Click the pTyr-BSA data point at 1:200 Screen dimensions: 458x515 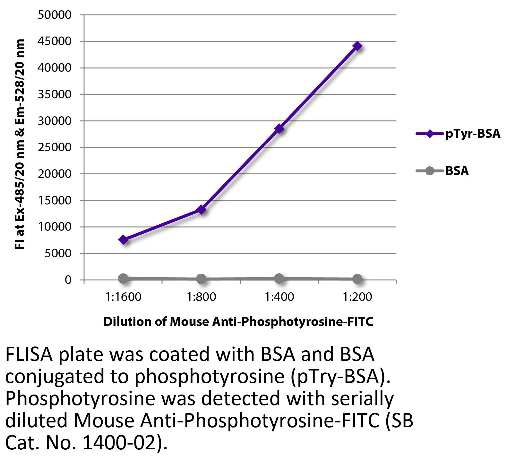click(x=357, y=46)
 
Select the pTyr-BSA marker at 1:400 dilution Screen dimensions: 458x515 click(x=279, y=129)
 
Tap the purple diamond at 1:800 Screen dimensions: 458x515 click(x=201, y=210)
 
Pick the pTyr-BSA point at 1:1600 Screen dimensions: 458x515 click(x=124, y=239)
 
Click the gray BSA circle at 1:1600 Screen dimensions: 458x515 click(x=124, y=278)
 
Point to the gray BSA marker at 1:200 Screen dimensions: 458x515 click(x=357, y=279)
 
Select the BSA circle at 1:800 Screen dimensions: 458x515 click(x=201, y=279)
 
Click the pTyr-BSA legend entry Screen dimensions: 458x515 click(x=458, y=134)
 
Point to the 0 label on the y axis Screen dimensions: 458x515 click(x=68, y=280)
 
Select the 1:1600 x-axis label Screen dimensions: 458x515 click(x=124, y=297)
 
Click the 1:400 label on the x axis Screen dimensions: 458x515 click(x=279, y=297)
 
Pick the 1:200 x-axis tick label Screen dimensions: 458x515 click(x=357, y=297)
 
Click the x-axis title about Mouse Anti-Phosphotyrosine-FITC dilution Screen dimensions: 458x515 click(x=238, y=321)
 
